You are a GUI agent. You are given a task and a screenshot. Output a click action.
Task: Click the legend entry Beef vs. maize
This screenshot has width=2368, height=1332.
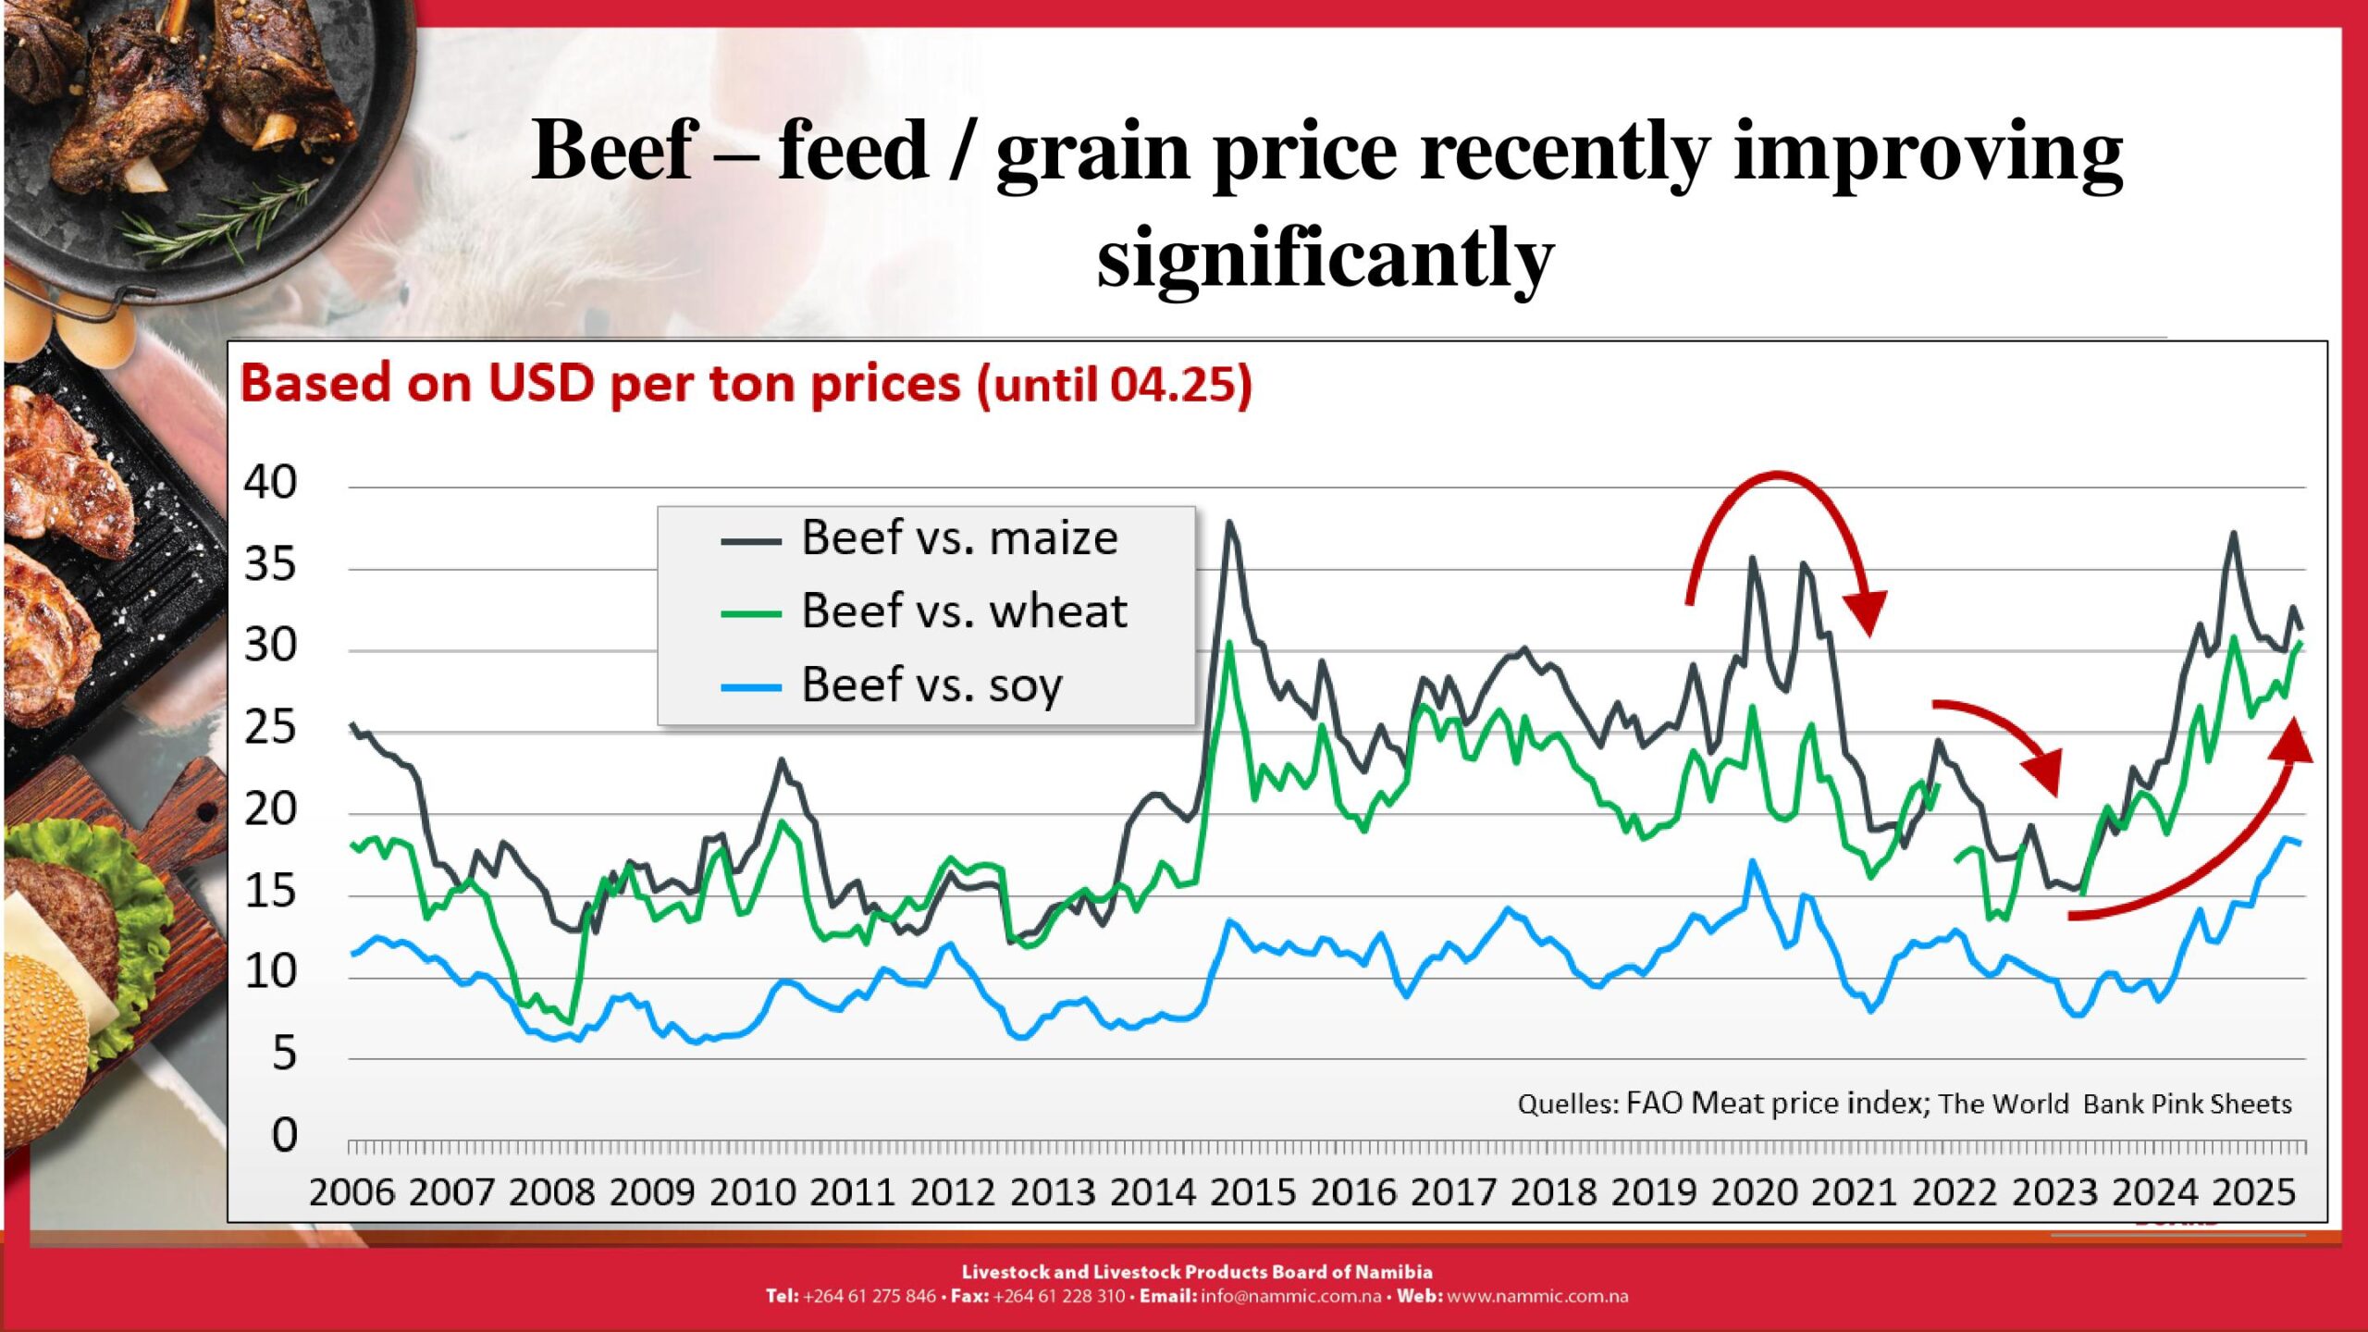click(958, 538)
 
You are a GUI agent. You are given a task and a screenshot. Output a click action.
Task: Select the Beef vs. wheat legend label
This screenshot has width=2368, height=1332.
click(963, 611)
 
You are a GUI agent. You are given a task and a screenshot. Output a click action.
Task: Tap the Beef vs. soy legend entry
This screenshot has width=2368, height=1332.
click(931, 685)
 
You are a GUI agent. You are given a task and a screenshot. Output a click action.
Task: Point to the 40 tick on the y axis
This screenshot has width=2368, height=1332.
click(270, 483)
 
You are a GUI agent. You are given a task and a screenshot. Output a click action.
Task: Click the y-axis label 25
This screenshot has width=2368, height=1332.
click(270, 729)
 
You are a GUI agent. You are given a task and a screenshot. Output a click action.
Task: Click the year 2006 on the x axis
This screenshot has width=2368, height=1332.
click(351, 1193)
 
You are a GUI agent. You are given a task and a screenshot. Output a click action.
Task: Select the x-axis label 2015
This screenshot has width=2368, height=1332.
click(1252, 1193)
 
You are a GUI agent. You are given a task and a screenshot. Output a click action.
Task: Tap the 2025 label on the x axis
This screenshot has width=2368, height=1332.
click(2254, 1193)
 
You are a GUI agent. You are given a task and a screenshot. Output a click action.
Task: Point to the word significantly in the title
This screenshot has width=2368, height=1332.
click(1325, 258)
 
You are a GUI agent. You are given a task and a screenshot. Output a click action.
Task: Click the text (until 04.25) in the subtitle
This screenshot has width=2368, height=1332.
click(1115, 385)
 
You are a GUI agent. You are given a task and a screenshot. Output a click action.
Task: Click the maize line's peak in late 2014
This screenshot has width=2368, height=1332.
click(1229, 524)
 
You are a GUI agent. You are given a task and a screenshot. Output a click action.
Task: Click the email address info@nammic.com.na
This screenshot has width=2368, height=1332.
click(1290, 1297)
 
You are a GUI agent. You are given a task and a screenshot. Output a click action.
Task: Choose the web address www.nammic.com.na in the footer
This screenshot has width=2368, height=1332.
click(1537, 1297)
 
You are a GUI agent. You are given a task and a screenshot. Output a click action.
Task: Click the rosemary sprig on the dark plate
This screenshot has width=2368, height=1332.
click(222, 222)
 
